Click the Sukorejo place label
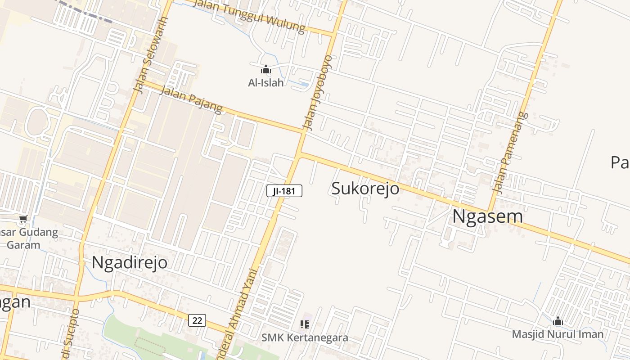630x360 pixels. click(365, 188)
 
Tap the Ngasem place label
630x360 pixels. click(487, 216)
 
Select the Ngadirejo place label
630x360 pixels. click(130, 262)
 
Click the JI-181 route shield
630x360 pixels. click(284, 191)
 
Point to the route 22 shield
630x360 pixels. click(197, 320)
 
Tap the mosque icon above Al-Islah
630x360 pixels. click(266, 70)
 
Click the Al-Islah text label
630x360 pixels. click(266, 83)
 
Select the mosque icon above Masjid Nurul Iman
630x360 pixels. click(558, 321)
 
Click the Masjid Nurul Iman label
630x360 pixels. click(558, 334)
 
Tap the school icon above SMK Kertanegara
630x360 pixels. click(305, 324)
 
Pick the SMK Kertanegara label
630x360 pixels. click(305, 337)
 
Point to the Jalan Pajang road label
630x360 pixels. click(191, 99)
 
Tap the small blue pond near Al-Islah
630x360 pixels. click(305, 85)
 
